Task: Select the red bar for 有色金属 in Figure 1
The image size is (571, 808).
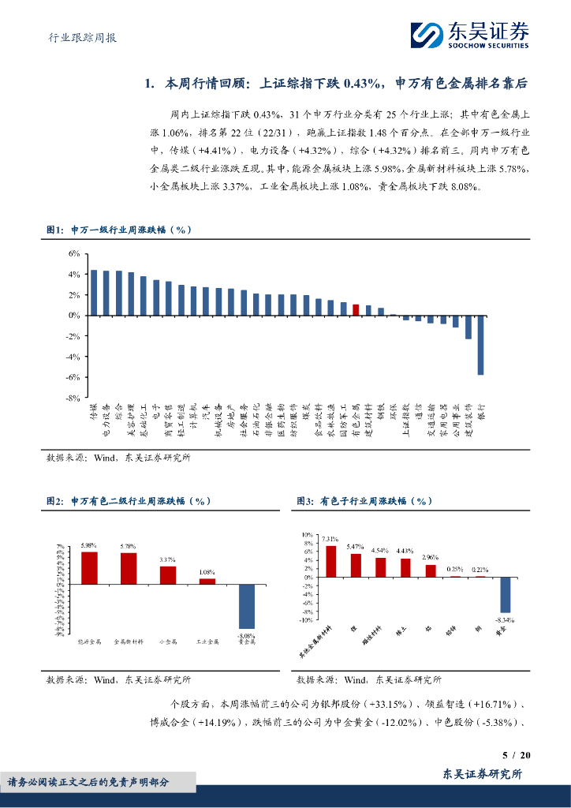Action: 356,309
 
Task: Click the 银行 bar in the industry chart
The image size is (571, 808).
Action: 480,345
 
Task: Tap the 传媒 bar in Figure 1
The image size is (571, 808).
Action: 94,293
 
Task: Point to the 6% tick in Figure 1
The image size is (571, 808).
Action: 74,253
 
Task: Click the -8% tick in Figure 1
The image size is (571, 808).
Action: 73,398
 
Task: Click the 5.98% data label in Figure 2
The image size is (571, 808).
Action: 88,545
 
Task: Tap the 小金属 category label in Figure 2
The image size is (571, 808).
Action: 167,642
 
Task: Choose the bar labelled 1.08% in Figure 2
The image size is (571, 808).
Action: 207,581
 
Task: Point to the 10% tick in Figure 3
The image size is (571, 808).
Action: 308,535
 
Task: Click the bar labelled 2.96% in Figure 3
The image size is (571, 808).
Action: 431,570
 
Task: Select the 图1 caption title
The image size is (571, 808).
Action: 118,230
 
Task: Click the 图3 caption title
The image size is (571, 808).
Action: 364,501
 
